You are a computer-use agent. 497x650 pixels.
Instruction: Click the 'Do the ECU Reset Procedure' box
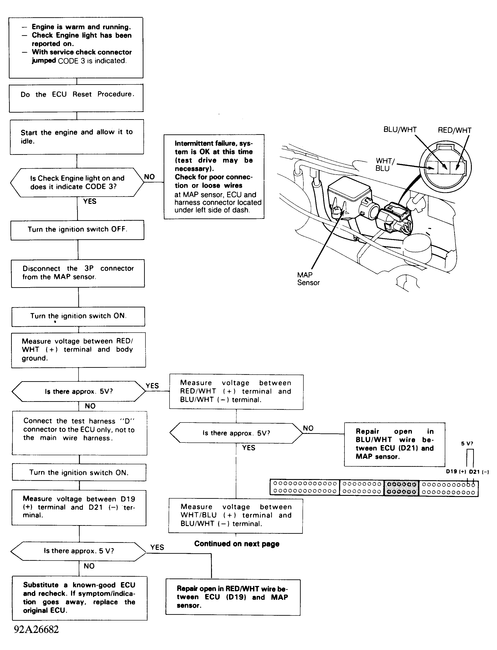coord(76,98)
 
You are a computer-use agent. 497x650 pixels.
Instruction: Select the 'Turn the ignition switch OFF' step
coord(77,230)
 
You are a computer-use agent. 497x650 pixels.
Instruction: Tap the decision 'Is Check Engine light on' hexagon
coord(77,182)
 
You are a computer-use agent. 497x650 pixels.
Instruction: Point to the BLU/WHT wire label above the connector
coord(400,130)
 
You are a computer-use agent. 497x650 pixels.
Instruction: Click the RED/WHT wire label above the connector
coord(454,130)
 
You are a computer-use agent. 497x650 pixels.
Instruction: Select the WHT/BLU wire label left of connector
coord(385,165)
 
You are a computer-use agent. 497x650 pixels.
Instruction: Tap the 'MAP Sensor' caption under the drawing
coord(308,279)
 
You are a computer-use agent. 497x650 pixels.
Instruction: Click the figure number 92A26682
coord(36,629)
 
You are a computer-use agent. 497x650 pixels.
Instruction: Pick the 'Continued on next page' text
coord(237,544)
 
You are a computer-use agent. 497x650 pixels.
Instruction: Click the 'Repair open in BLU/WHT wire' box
coord(394,444)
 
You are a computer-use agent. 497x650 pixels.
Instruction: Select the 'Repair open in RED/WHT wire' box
coord(233,597)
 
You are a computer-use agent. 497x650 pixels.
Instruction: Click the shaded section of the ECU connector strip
coord(401,487)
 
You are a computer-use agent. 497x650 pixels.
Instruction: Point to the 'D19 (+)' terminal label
coord(456,472)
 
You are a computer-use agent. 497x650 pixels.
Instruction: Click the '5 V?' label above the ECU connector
coord(467,444)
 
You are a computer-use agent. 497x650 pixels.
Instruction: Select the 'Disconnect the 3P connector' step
coord(78,273)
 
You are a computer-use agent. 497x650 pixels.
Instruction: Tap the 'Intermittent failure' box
coord(214,177)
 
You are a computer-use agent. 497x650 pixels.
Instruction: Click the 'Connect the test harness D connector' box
coord(79,433)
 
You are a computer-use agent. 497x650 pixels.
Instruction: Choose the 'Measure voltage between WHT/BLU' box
coord(236,515)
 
